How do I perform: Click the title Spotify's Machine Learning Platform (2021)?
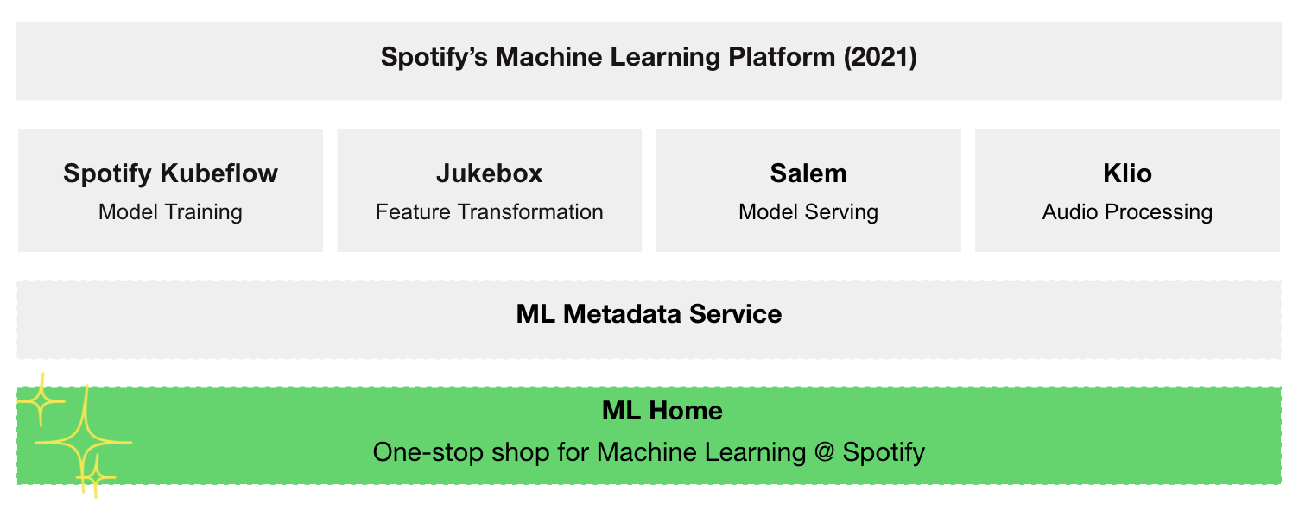pyautogui.click(x=649, y=58)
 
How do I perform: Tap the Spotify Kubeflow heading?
pyautogui.click(x=170, y=173)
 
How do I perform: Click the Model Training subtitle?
pyautogui.click(x=170, y=212)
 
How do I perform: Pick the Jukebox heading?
pyautogui.click(x=489, y=173)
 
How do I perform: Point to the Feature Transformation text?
pyautogui.click(x=489, y=212)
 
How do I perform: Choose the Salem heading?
pyautogui.click(x=808, y=173)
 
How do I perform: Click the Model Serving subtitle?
pyautogui.click(x=808, y=212)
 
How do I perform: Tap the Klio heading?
pyautogui.click(x=1127, y=173)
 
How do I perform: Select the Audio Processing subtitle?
pyautogui.click(x=1127, y=212)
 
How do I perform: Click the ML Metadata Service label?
pyautogui.click(x=649, y=314)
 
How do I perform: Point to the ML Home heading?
pyautogui.click(x=662, y=411)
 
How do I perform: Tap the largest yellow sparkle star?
pyautogui.click(x=83, y=441)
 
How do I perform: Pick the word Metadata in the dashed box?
pyautogui.click(x=622, y=314)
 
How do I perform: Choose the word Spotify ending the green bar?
pyautogui.click(x=884, y=452)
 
